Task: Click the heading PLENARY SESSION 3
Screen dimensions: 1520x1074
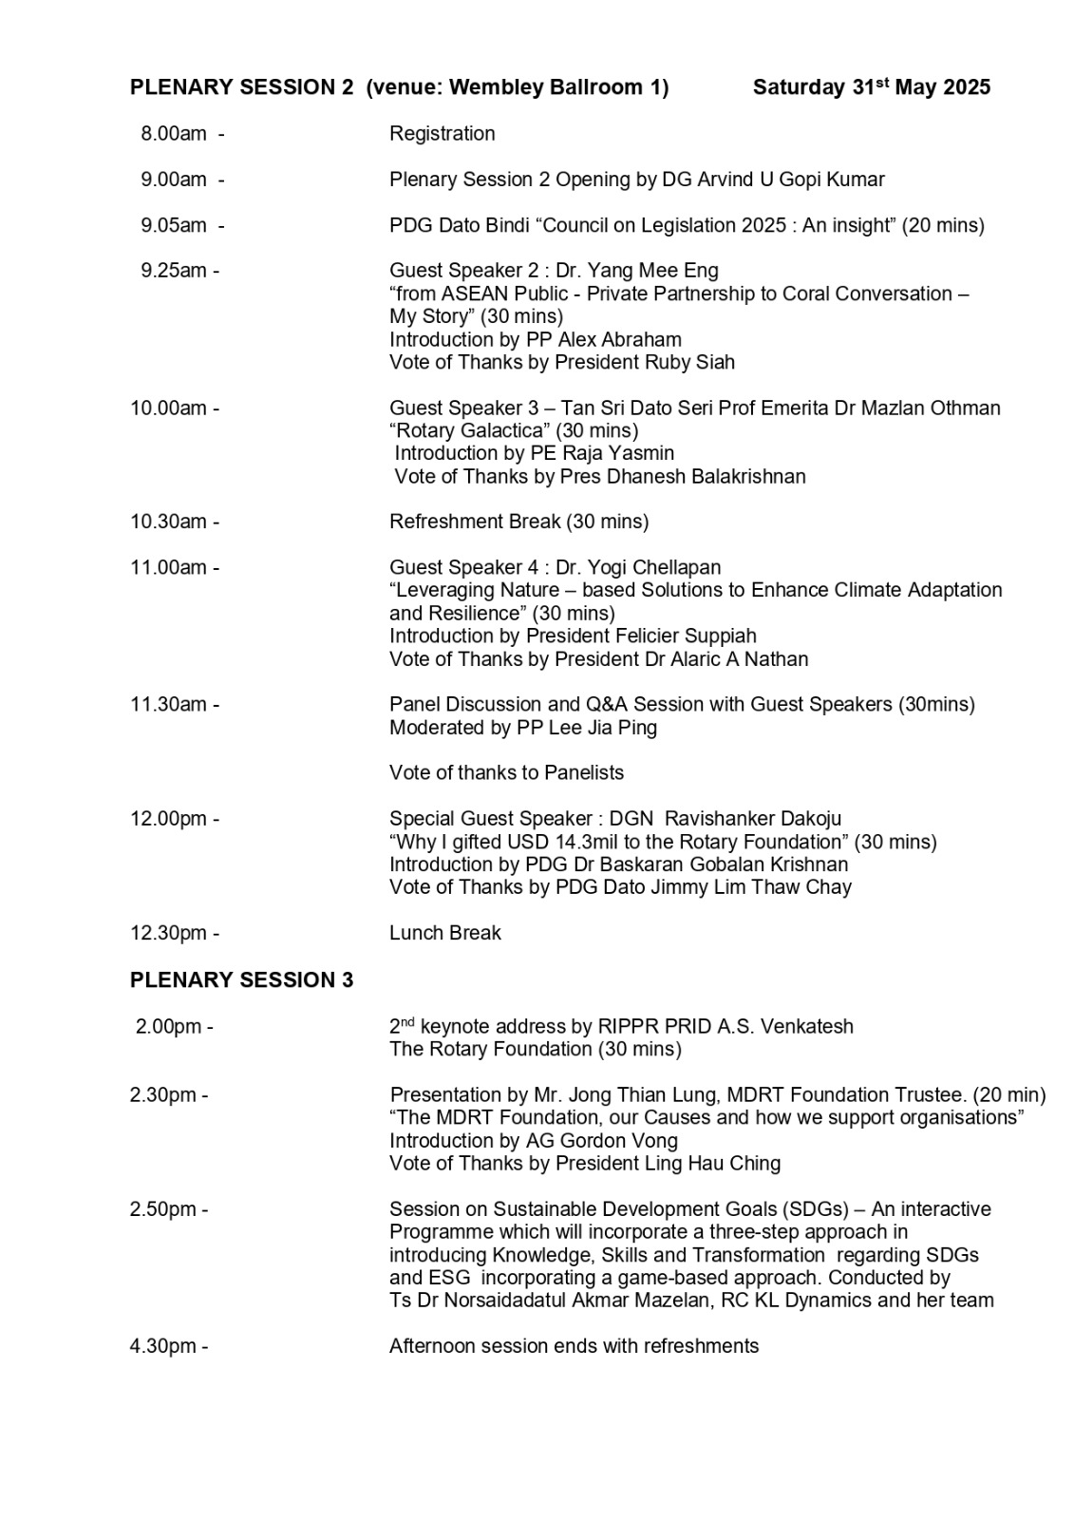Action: tap(241, 980)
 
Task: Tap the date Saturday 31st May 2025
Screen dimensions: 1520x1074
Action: tap(871, 87)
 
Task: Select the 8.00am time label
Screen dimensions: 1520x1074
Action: tap(174, 134)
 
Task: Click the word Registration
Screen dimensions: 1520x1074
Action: tap(442, 134)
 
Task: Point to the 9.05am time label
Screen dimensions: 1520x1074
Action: tap(174, 225)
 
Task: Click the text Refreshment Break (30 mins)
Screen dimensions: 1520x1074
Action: tap(518, 522)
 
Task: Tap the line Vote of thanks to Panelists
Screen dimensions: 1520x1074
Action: tap(506, 772)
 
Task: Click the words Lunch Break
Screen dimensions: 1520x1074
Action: tap(444, 933)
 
